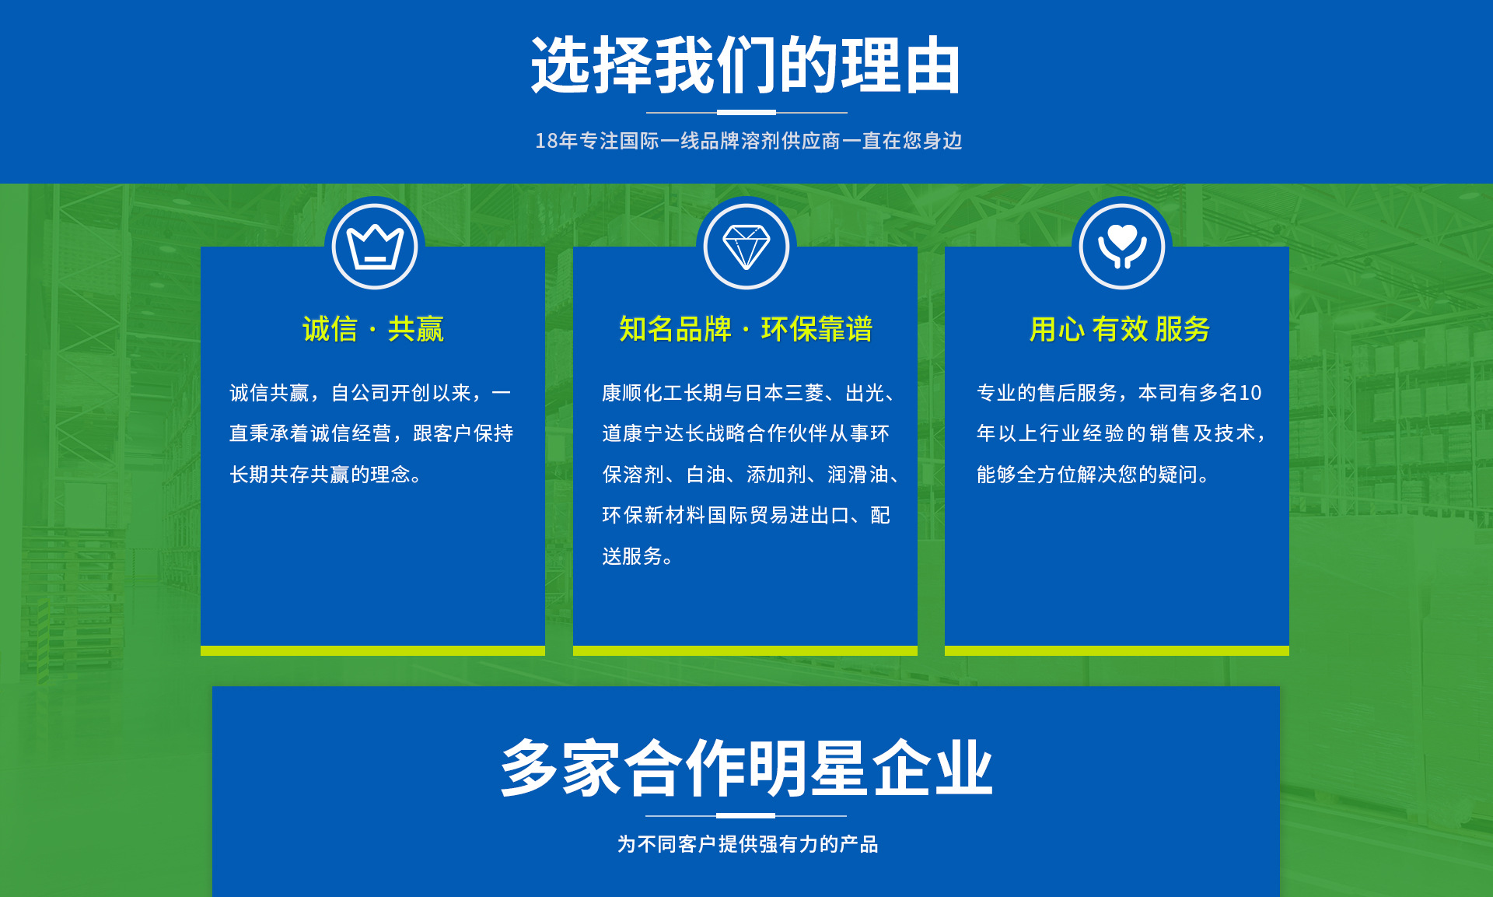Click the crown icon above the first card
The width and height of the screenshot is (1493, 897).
click(x=375, y=247)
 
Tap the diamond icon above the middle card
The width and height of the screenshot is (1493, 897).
click(x=746, y=247)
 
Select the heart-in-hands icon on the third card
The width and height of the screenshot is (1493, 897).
click(x=1122, y=246)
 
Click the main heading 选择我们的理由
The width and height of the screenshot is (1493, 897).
click(x=746, y=65)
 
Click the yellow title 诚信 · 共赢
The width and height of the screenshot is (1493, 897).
click(x=373, y=329)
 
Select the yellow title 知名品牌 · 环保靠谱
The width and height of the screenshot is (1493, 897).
click(x=746, y=329)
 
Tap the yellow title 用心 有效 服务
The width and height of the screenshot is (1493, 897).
click(x=1120, y=329)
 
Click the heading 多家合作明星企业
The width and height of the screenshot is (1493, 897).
click(x=746, y=769)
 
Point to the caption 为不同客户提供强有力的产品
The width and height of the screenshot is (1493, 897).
click(x=747, y=844)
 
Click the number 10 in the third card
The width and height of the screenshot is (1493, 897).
click(x=1250, y=393)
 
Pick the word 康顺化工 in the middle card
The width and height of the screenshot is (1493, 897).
click(x=642, y=393)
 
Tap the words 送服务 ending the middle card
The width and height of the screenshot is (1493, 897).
click(x=632, y=556)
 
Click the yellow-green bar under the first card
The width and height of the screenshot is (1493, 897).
click(x=372, y=650)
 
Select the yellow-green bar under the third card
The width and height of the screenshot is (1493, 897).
click(x=1117, y=650)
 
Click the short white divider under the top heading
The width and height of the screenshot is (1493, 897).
click(x=746, y=113)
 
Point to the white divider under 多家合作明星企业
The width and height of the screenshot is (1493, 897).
click(x=746, y=815)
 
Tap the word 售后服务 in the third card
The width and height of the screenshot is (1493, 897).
click(x=1078, y=393)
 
